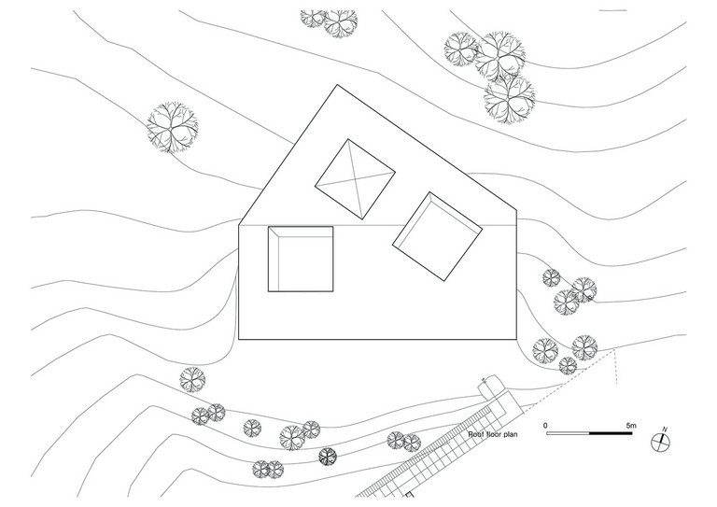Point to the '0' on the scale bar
546,426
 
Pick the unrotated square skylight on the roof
301,258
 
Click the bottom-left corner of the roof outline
240,340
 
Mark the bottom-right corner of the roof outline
516,340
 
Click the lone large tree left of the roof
175,126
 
